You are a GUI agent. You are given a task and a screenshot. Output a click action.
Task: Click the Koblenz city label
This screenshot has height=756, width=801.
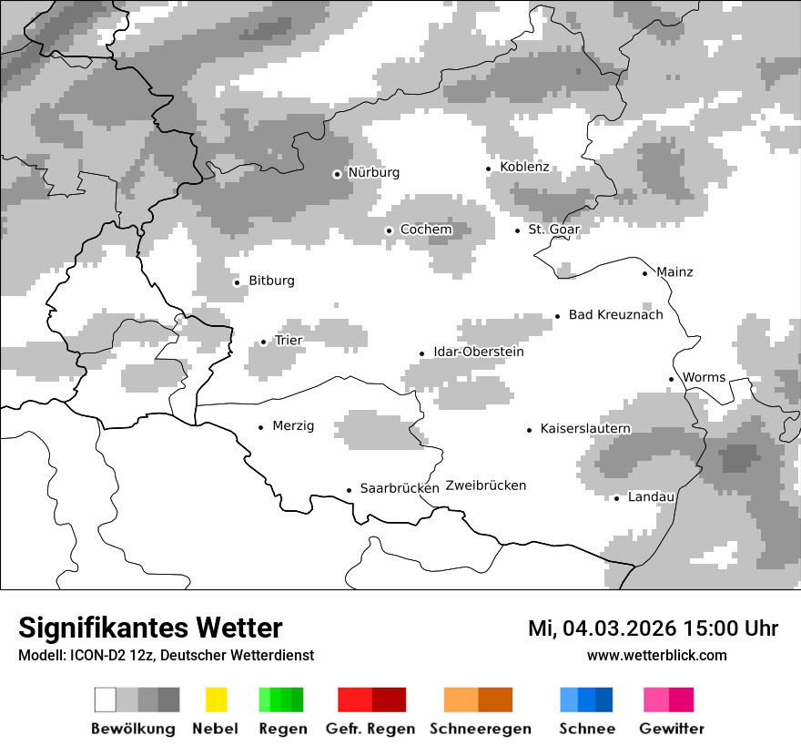point(524,168)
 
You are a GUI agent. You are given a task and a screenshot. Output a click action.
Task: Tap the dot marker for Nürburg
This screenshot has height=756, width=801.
point(337,174)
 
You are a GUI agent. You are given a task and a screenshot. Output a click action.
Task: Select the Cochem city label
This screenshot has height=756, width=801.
point(426,230)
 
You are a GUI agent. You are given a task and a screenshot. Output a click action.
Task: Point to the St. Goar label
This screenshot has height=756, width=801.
point(553,230)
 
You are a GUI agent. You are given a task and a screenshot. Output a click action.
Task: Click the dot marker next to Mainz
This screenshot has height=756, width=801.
point(644,273)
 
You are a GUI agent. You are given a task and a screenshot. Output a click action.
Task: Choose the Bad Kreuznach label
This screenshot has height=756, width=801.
point(615,315)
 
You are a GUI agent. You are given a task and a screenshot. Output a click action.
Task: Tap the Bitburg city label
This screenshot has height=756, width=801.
point(271,281)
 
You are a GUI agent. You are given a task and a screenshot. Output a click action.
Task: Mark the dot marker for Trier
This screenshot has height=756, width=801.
point(263,342)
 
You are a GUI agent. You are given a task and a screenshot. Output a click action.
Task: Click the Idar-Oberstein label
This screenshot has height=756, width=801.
point(478,352)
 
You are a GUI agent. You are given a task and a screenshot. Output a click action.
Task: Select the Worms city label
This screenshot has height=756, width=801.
point(704,377)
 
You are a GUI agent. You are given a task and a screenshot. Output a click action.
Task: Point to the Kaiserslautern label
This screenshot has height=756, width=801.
point(584,429)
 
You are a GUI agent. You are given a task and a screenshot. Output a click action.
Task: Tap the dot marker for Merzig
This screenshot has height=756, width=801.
point(260,426)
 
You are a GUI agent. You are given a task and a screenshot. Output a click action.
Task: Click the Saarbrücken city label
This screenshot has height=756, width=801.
point(400,488)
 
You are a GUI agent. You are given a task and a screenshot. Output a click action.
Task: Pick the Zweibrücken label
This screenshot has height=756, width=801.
point(486,485)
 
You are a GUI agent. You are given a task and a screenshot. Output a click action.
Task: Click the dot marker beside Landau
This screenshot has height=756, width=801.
point(616,498)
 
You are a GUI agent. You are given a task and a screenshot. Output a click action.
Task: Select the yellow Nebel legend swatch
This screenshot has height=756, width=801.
point(216,700)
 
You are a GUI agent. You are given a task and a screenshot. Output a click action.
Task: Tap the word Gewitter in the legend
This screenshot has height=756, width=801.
point(672,729)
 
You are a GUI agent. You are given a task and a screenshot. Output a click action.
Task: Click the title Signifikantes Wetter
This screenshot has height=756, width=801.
point(150,628)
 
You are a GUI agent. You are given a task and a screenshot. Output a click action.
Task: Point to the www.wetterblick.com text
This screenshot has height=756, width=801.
point(656,656)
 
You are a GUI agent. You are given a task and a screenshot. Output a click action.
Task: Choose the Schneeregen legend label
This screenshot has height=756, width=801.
point(481,729)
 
